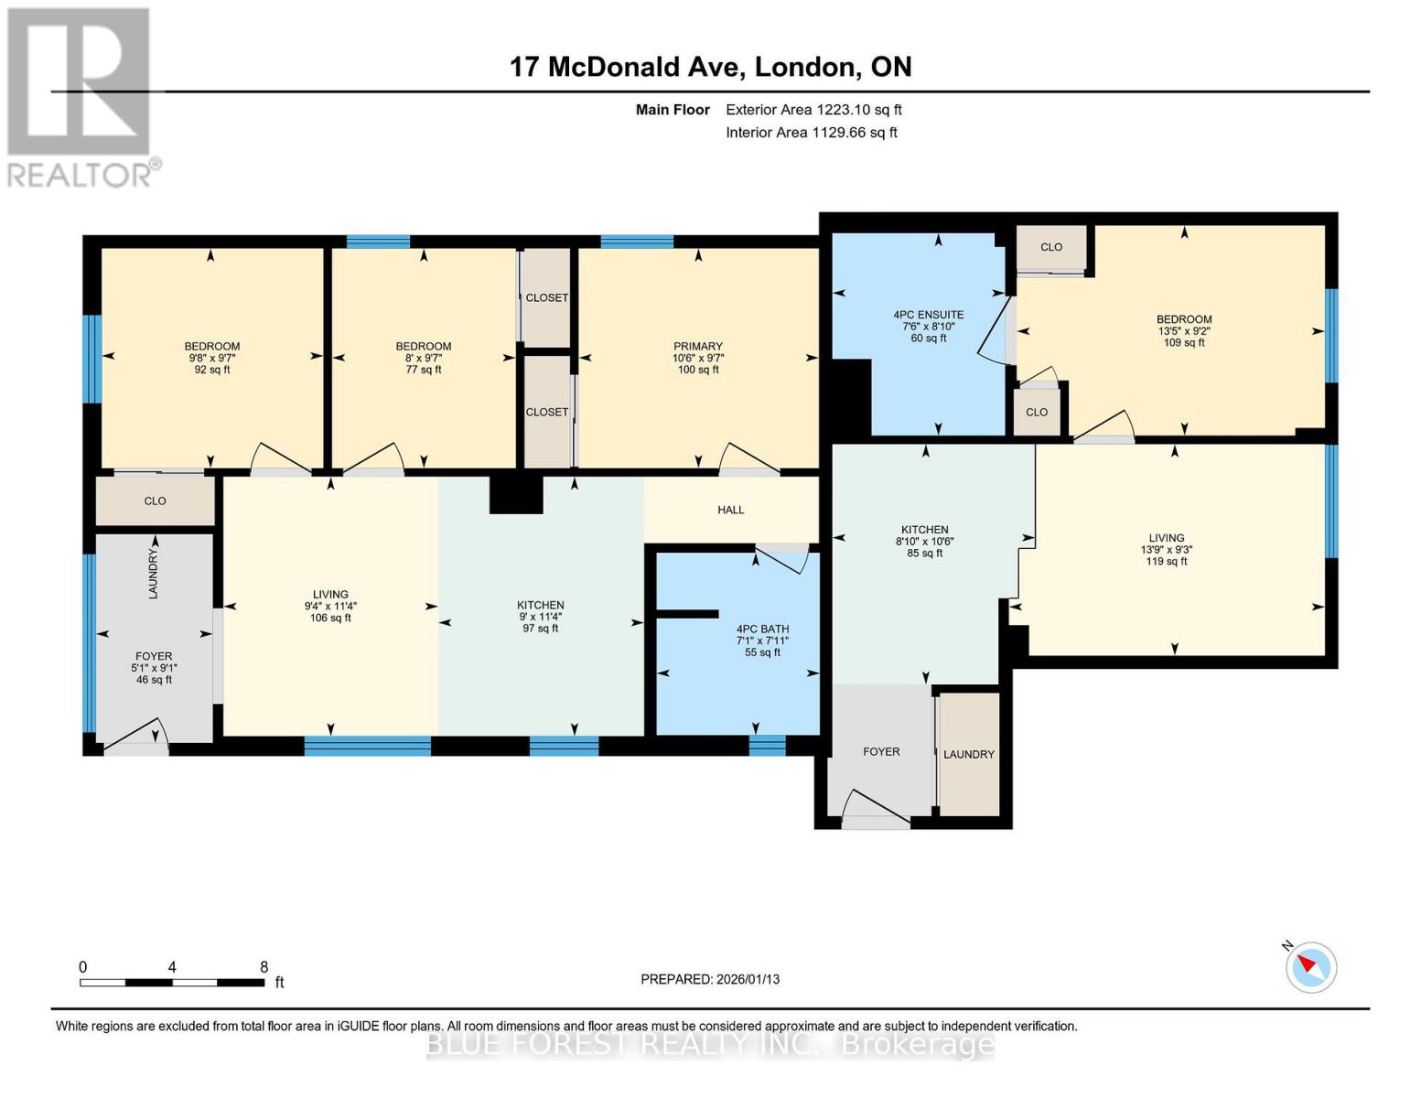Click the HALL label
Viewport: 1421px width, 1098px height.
click(x=730, y=510)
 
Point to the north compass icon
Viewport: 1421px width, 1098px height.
click(x=1310, y=966)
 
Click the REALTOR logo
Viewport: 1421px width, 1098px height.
click(x=80, y=96)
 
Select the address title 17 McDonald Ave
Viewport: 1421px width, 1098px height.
click(x=710, y=67)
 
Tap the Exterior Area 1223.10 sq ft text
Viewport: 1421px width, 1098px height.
click(x=813, y=110)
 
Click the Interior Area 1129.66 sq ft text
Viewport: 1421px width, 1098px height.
click(x=811, y=133)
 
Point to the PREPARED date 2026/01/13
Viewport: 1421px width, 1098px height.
click(x=710, y=979)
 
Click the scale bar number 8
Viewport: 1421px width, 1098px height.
click(x=264, y=967)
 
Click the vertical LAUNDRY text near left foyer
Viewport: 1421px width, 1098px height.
click(x=154, y=575)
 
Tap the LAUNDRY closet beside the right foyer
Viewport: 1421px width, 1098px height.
click(x=969, y=755)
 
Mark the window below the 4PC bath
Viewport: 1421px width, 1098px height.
click(x=767, y=745)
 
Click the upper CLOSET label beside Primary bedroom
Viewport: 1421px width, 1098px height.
click(x=546, y=298)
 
